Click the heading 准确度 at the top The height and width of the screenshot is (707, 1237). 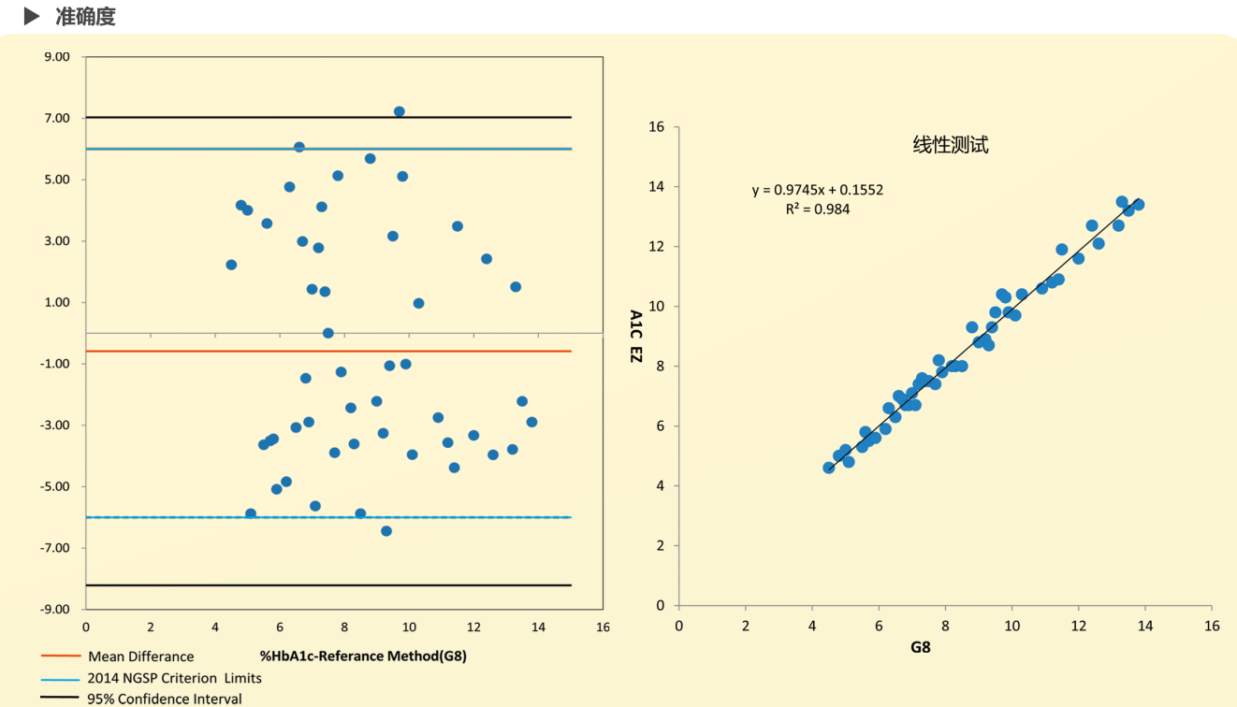[x=85, y=16]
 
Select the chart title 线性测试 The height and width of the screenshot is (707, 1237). [x=950, y=145]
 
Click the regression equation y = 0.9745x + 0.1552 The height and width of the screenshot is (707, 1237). [x=817, y=190]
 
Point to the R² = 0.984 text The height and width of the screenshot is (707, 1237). [x=817, y=209]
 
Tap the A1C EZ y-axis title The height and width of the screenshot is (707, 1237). [x=636, y=336]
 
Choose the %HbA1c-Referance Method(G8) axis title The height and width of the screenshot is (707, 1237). [x=363, y=656]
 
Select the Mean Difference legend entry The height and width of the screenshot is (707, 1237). [x=140, y=656]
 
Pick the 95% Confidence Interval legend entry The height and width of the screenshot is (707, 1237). [x=165, y=699]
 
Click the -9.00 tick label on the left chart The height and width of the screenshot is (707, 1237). [x=55, y=609]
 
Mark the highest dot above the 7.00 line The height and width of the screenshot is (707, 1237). [x=399, y=111]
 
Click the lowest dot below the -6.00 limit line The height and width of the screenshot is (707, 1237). [x=386, y=531]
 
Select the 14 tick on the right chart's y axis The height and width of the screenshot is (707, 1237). [x=657, y=187]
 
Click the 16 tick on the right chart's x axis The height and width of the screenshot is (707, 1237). [x=1212, y=625]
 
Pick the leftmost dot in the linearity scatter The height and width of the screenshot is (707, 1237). [x=828, y=468]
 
